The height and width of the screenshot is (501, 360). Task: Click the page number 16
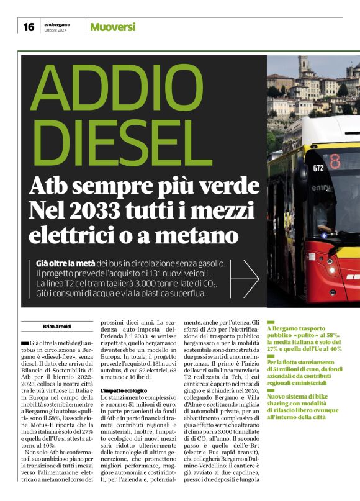(29, 27)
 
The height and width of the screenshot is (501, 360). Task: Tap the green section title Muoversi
(112, 27)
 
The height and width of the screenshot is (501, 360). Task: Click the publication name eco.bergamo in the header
(57, 24)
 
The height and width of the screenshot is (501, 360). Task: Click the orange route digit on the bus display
(335, 163)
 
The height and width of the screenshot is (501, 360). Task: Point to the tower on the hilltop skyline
(304, 66)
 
